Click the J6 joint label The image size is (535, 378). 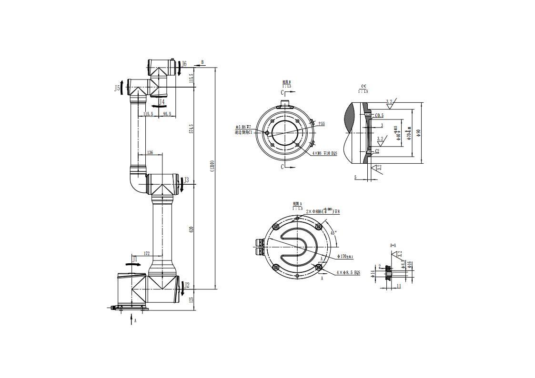184,64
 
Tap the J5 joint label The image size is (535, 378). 117,88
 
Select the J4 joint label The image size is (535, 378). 162,102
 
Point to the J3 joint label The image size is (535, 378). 187,180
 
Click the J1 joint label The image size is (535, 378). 135,259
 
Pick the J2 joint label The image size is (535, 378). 187,285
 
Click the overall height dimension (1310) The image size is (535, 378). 212,165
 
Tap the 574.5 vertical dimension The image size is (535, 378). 192,129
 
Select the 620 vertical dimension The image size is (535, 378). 192,229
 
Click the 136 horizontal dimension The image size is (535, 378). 150,153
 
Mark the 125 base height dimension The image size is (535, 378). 192,299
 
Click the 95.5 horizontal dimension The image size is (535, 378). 167,114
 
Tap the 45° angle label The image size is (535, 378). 333,233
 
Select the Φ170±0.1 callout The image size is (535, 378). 345,257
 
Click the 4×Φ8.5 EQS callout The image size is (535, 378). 348,273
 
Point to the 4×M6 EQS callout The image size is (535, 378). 324,153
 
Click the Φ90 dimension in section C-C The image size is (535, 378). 419,133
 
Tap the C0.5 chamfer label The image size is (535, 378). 379,115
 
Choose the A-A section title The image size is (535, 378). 393,246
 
